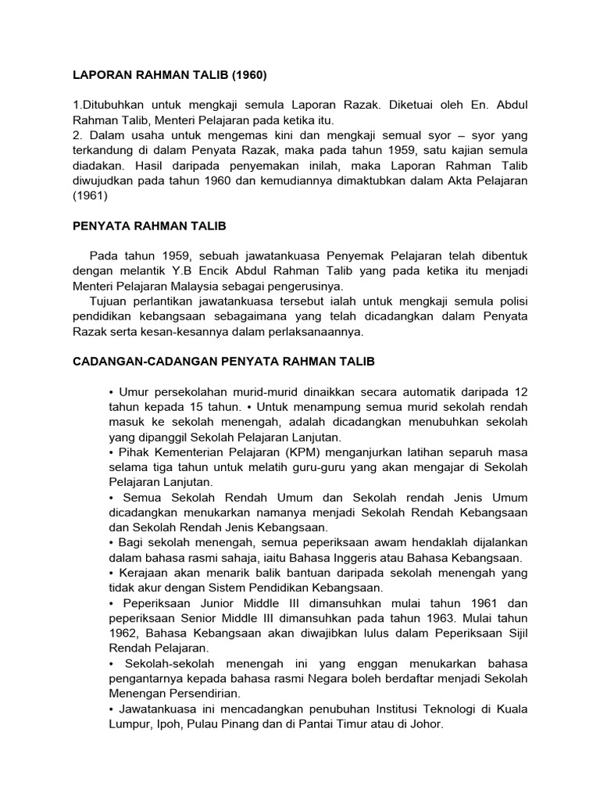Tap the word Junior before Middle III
209,603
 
